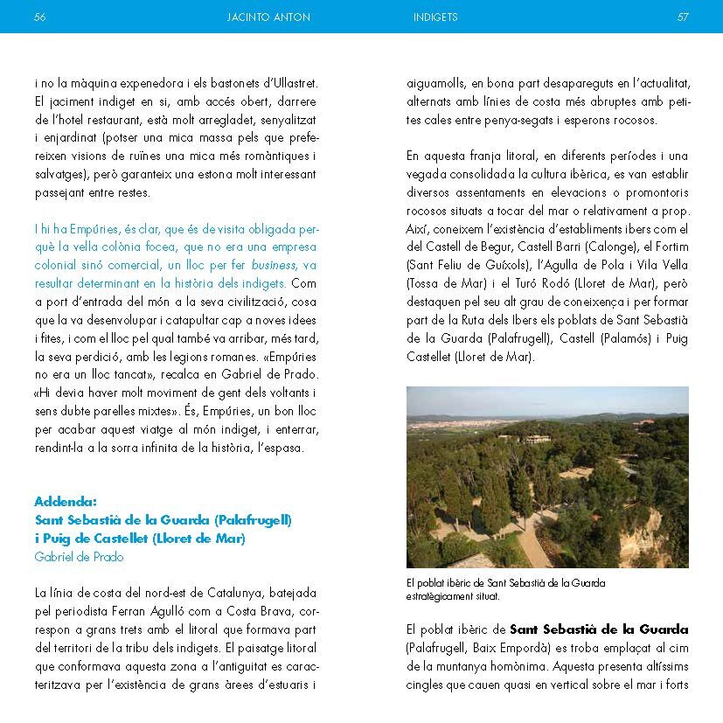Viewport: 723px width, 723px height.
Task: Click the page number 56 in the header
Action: (x=39, y=17)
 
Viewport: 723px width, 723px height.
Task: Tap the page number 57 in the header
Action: (x=683, y=17)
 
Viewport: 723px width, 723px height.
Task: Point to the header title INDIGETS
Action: (x=435, y=17)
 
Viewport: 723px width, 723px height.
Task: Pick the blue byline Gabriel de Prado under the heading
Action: (x=79, y=557)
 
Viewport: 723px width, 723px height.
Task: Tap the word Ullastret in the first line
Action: (x=291, y=83)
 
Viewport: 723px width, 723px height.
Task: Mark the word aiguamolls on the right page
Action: (x=434, y=83)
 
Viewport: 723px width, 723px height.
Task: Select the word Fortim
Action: (x=669, y=247)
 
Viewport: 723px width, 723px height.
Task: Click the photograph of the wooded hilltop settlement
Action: (x=547, y=477)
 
